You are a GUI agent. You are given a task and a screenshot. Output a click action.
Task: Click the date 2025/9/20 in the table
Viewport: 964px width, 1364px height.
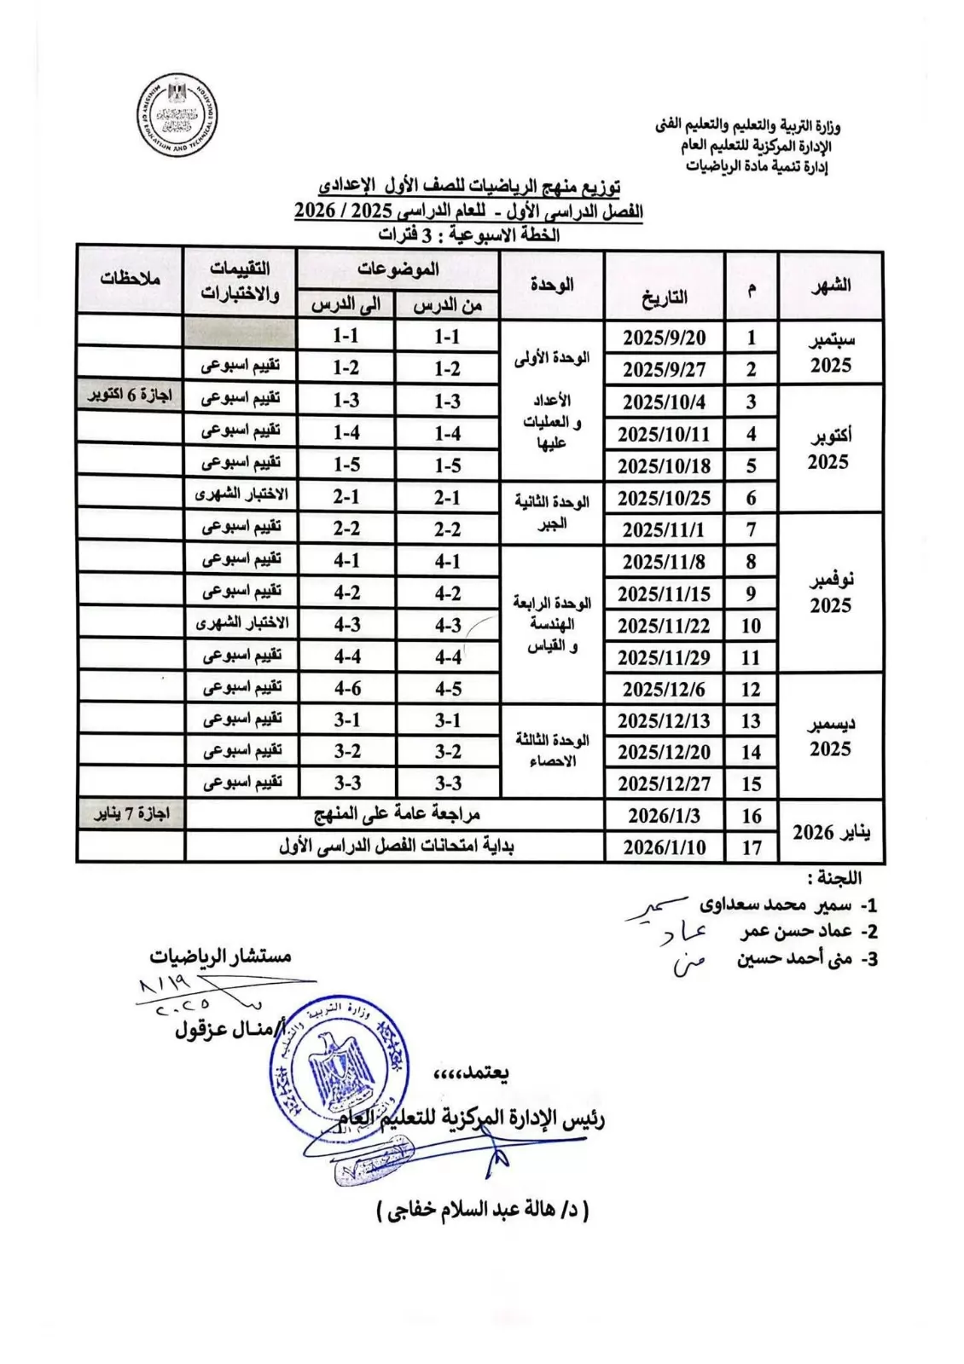tap(664, 338)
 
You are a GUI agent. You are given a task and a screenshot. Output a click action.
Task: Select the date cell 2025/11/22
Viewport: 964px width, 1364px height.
tap(664, 626)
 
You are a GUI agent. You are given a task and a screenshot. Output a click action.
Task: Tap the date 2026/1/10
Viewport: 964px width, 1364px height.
tap(664, 847)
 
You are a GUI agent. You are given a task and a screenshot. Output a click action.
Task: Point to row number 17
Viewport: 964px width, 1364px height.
tap(751, 847)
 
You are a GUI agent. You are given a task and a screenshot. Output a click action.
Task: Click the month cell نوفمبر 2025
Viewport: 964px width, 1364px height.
tap(830, 593)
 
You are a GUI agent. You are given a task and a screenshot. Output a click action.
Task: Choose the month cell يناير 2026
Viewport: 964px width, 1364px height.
tap(831, 832)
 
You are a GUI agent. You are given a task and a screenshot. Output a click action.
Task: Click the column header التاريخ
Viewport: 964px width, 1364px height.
tap(664, 297)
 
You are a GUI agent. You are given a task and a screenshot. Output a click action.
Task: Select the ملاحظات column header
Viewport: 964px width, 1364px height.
tap(131, 279)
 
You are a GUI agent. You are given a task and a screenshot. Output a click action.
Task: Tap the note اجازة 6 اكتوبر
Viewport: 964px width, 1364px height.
tap(131, 397)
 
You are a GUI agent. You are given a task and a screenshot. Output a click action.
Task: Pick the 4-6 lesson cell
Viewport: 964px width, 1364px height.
tap(347, 688)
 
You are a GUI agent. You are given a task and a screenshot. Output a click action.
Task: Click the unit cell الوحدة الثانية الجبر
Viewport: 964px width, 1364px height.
tap(552, 512)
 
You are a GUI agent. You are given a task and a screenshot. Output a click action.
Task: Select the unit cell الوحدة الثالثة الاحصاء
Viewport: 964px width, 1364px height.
tap(552, 750)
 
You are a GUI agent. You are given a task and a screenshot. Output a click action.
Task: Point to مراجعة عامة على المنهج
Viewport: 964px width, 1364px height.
tap(397, 814)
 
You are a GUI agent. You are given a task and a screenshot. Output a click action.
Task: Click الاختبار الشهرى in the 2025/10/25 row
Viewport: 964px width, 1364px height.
tap(241, 495)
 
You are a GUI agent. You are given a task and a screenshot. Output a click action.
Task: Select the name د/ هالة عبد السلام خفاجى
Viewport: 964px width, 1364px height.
tap(483, 1211)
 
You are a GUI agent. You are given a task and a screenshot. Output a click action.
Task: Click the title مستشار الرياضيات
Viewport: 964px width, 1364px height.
tap(221, 956)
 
